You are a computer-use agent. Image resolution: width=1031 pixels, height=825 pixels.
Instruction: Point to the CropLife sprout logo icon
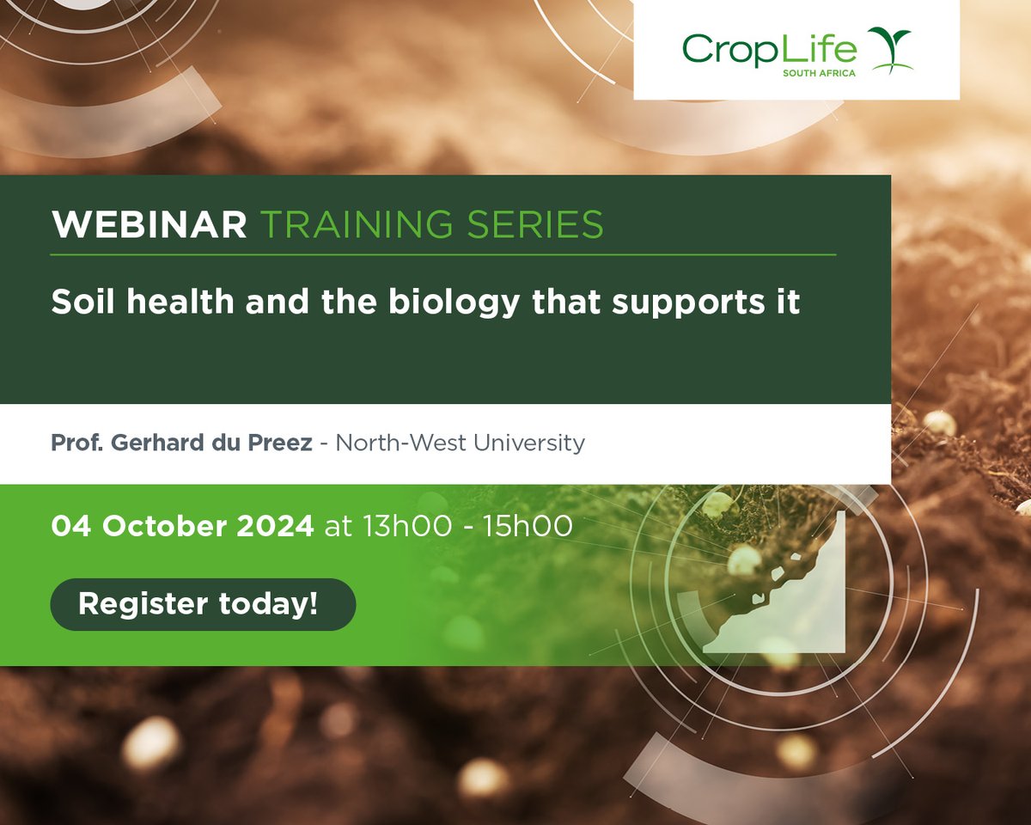(x=889, y=50)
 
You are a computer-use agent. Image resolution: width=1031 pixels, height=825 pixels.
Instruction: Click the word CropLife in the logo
(x=769, y=49)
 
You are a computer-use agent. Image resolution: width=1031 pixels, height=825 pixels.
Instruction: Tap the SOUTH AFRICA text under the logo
(x=819, y=74)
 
